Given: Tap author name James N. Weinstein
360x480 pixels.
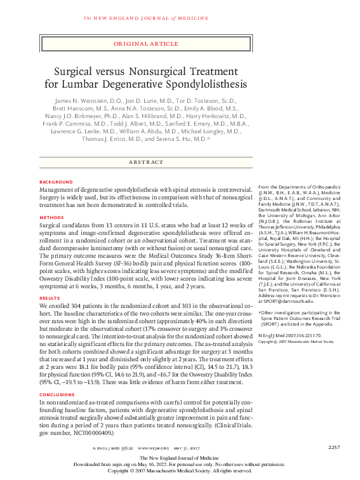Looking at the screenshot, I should (x=77, y=101).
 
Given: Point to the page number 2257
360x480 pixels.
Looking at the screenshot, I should (x=335, y=448).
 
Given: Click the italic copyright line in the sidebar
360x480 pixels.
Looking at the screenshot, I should (x=297, y=342).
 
